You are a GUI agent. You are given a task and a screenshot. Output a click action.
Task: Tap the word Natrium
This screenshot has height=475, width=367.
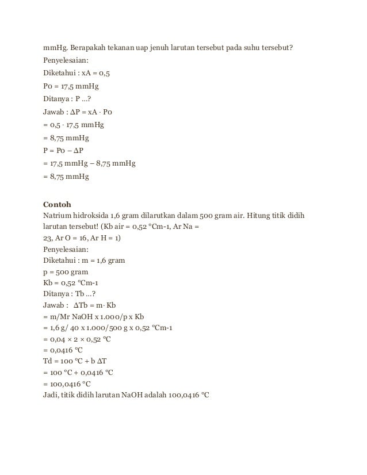coord(58,216)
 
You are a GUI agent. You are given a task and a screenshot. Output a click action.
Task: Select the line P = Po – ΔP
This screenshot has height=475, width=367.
coord(68,151)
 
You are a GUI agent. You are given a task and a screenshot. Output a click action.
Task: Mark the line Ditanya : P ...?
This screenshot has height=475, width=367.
coord(67,99)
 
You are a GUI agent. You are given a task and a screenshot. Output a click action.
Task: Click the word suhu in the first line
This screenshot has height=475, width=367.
coord(254,47)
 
